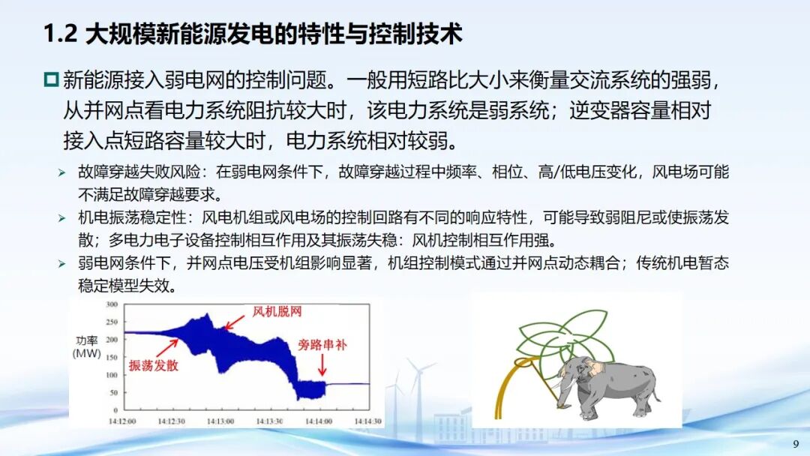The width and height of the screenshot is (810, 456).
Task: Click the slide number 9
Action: click(796, 443)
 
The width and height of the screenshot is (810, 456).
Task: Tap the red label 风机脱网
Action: click(277, 311)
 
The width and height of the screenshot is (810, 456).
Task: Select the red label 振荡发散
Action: click(154, 365)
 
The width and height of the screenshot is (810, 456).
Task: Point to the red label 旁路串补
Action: click(322, 344)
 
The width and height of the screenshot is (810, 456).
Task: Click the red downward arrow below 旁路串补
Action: click(322, 365)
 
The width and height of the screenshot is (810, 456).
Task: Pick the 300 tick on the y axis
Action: click(112, 304)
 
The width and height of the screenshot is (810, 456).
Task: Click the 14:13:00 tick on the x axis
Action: click(220, 421)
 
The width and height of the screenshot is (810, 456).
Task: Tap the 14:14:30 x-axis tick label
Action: click(367, 421)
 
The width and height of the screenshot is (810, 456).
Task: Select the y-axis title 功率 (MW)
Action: click(87, 347)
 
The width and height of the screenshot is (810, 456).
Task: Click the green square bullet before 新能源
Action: click(51, 79)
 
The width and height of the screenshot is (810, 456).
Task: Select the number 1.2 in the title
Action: click(61, 34)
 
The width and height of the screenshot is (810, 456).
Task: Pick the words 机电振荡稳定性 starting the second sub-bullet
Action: click(132, 217)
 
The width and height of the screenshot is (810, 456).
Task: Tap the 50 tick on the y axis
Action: click(114, 392)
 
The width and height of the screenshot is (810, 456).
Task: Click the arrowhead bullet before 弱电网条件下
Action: click(62, 264)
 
